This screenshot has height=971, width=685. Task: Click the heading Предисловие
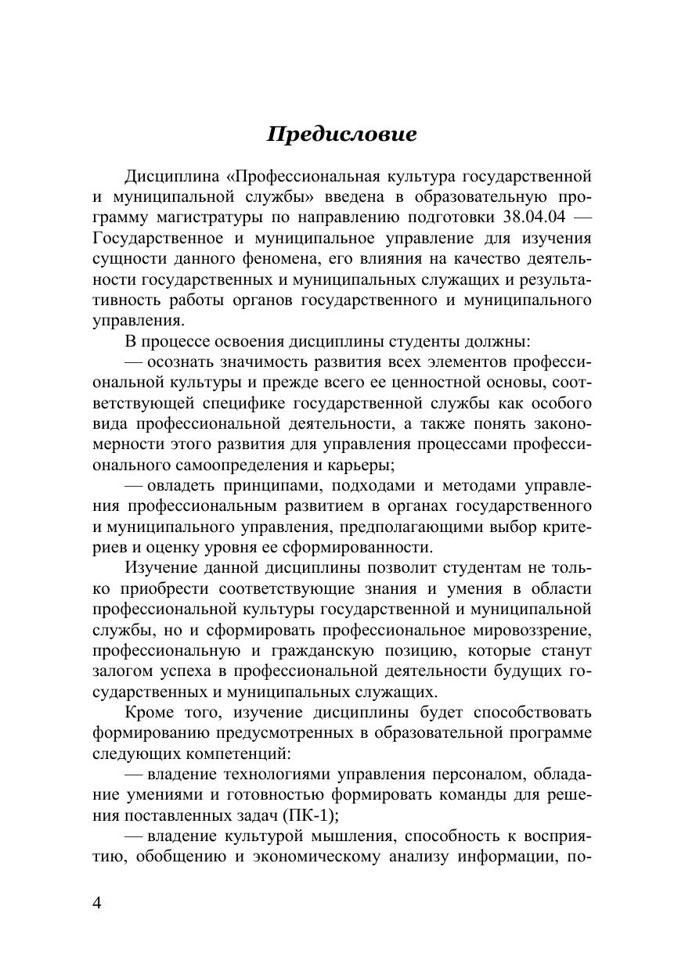click(341, 135)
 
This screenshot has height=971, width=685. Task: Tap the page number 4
click(97, 902)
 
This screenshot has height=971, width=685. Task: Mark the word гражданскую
click(318, 649)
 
